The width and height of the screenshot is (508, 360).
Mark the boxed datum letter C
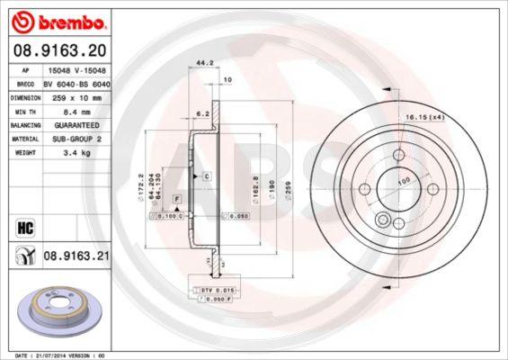(x=206, y=175)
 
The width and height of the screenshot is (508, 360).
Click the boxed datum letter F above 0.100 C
(x=176, y=197)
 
